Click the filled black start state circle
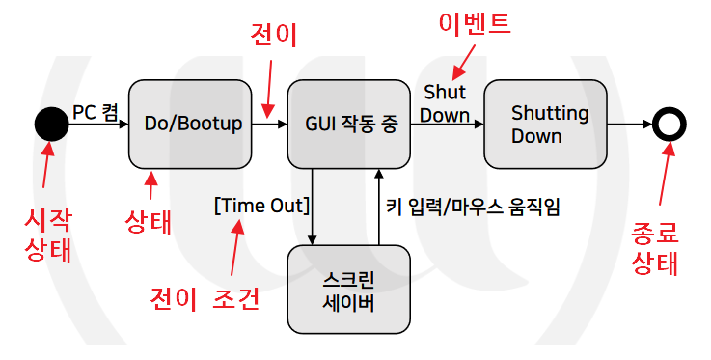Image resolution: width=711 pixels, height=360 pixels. (x=51, y=125)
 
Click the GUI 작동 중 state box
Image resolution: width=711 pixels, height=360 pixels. (x=350, y=124)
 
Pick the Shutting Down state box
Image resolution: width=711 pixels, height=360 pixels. (x=549, y=124)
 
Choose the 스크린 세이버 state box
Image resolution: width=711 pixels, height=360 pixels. (x=349, y=289)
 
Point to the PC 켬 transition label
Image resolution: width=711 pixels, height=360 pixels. (x=96, y=112)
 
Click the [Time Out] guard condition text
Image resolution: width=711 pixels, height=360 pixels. (x=261, y=205)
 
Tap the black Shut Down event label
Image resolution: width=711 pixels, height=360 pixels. (x=446, y=103)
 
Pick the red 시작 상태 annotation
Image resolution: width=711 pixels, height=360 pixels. (x=46, y=235)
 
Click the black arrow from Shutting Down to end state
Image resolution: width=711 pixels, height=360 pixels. (x=633, y=125)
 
